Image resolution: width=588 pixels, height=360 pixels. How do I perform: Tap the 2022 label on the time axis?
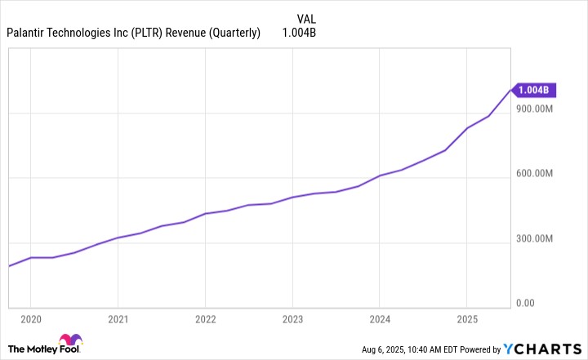click(205, 319)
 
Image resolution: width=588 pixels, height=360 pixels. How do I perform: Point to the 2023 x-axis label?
click(292, 319)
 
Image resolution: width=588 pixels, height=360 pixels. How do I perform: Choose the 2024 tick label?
click(379, 319)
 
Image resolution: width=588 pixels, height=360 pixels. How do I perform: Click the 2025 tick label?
click(466, 319)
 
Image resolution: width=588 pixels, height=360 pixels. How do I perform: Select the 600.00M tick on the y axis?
click(535, 174)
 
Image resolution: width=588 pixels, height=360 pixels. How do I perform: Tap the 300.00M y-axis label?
click(535, 238)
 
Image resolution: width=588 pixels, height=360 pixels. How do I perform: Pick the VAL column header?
click(305, 18)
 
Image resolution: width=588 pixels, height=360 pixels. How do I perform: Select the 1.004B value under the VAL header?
click(298, 33)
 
